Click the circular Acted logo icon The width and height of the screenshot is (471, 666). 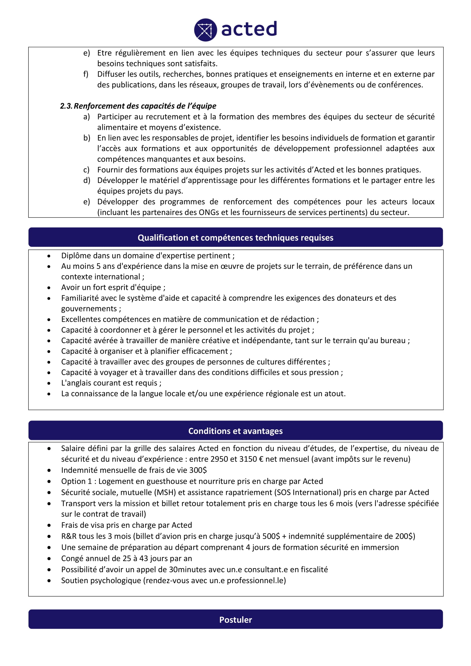coord(205,30)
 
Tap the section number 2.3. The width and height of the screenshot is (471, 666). coord(66,106)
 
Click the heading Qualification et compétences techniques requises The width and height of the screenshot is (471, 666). coord(235,237)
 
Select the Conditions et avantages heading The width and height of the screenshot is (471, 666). coord(235,431)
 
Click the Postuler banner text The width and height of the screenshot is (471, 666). coord(235,620)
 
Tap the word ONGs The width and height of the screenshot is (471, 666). coord(208,212)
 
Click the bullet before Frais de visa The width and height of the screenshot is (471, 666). coord(49,525)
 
